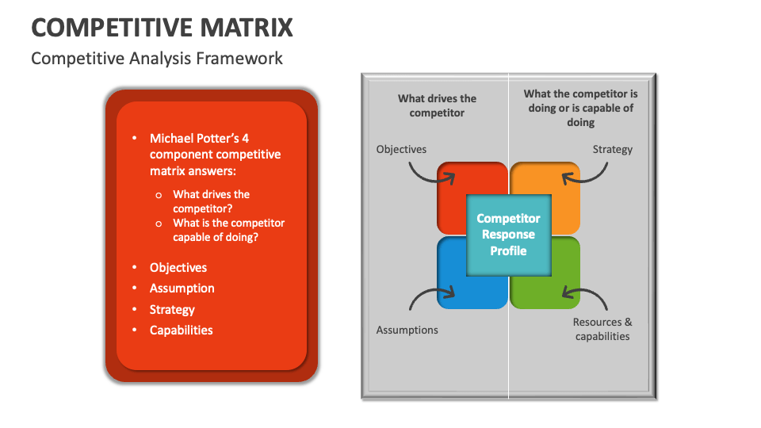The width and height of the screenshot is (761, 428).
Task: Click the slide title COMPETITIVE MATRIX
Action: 162,27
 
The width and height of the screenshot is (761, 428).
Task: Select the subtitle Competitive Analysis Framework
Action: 156,59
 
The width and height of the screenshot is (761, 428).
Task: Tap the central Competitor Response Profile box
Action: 508,235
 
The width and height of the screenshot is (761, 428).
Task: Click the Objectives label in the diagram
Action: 401,149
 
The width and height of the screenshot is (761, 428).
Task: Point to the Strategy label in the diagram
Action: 612,149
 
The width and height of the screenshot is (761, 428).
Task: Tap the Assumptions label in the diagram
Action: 407,330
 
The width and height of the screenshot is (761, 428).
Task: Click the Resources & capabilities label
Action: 602,329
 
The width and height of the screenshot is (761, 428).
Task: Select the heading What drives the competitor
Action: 437,105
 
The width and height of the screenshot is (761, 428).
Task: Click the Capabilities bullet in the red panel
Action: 181,331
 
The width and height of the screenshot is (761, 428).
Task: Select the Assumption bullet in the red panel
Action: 182,289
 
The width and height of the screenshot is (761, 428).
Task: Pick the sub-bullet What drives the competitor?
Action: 211,201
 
